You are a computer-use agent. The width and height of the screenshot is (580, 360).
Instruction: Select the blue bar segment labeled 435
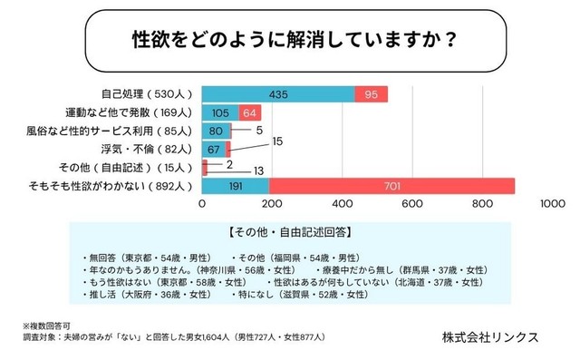coord(278,94)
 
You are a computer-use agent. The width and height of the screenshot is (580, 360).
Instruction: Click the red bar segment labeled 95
coord(372,94)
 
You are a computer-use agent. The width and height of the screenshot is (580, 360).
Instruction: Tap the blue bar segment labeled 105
coord(220,112)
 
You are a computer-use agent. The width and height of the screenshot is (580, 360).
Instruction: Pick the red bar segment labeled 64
coord(251,112)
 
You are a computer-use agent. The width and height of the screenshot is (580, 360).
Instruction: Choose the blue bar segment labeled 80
coord(216,131)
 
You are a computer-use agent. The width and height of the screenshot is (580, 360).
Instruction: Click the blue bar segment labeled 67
coord(214,149)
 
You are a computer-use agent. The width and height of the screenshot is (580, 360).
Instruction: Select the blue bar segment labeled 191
coord(235,185)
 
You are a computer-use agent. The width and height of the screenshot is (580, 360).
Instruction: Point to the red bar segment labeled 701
coord(391,185)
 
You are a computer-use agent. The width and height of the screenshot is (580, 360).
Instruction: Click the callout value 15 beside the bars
coord(277,141)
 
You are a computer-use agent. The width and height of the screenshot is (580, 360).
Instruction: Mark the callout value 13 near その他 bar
coord(258,170)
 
